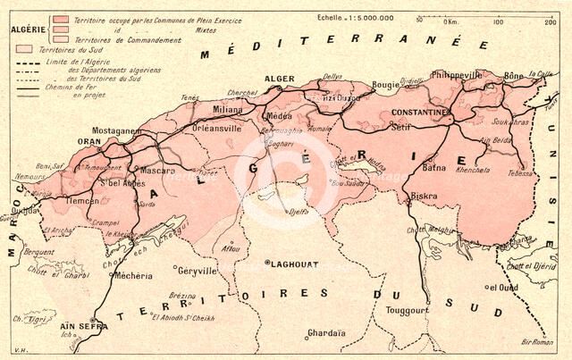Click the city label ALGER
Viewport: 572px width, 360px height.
point(280,79)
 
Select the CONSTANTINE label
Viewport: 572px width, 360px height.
point(419,112)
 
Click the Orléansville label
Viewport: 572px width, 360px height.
point(219,128)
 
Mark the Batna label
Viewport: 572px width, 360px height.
point(433,166)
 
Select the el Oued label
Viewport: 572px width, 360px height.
point(502,288)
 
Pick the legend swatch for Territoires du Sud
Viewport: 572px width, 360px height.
point(22,51)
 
